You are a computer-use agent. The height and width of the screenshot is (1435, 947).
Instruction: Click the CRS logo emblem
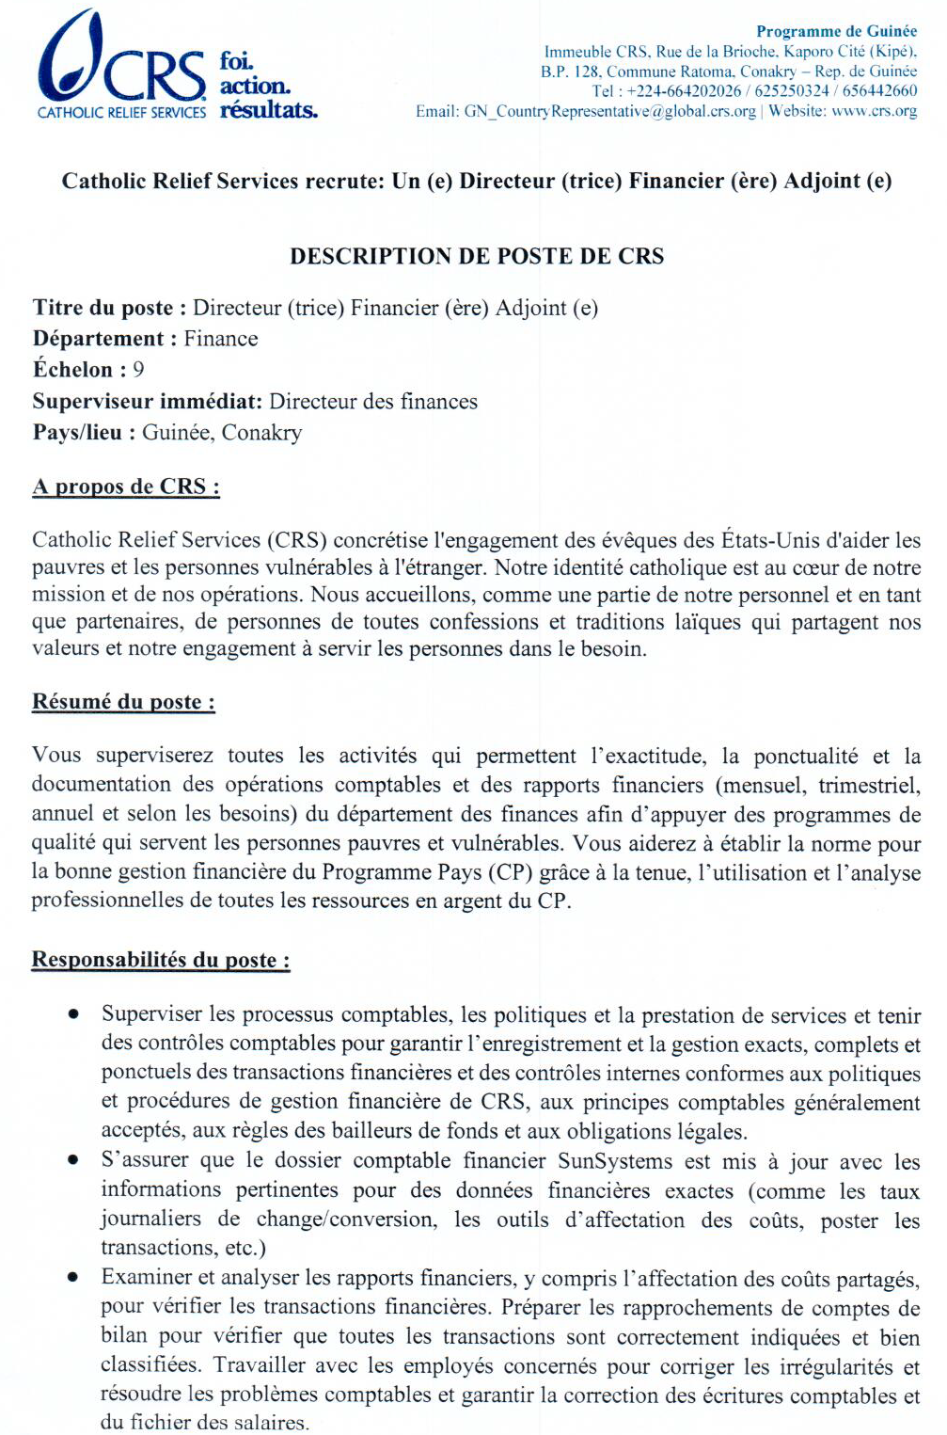pos(70,56)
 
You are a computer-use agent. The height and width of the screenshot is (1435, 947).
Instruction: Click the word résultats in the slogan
pos(268,110)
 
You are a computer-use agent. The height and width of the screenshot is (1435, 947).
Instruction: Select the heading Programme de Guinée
pos(836,31)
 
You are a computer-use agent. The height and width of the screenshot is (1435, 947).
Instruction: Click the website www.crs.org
pos(874,111)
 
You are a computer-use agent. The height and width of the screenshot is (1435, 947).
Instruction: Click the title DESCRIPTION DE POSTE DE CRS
pos(477,256)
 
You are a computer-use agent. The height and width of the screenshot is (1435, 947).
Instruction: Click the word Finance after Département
pos(221,339)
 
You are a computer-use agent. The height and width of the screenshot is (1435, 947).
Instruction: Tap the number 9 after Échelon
pos(138,370)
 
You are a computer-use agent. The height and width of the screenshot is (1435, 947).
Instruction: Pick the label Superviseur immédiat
pos(147,402)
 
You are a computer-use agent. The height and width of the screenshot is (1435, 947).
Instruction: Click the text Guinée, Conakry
pos(222,433)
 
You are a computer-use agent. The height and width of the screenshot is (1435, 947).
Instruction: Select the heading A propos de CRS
pos(126,486)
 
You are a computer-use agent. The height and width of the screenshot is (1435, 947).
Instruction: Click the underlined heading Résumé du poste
pos(123,702)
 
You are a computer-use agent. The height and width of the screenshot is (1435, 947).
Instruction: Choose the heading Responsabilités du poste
pos(161,960)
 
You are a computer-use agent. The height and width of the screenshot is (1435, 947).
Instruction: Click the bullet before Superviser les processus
pos(72,1014)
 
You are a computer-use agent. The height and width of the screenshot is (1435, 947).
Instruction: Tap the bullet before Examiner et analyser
pos(72,1278)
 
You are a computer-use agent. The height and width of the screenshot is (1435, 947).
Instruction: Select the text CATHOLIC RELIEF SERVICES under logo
pos(121,113)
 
